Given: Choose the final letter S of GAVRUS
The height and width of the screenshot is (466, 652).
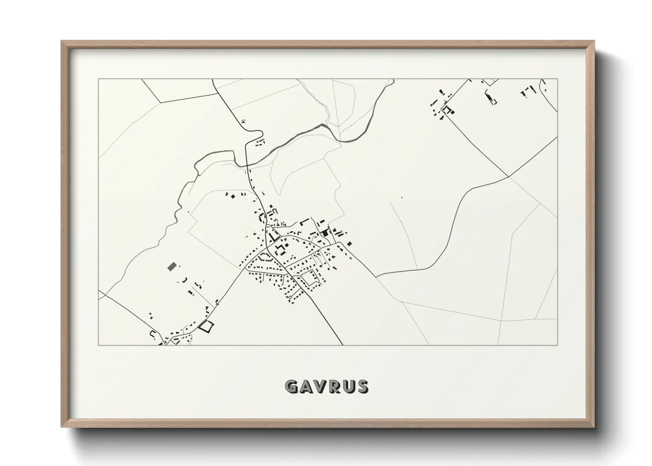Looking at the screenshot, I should [x=363, y=387].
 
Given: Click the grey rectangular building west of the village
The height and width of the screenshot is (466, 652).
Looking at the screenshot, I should [x=171, y=266].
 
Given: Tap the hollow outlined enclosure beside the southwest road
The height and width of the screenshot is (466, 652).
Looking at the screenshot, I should [x=206, y=326].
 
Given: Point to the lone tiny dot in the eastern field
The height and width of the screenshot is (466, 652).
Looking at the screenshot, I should [x=401, y=197].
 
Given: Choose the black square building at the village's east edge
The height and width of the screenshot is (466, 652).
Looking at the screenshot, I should [x=349, y=244].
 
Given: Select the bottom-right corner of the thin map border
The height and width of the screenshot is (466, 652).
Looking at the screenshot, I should [x=557, y=345].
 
